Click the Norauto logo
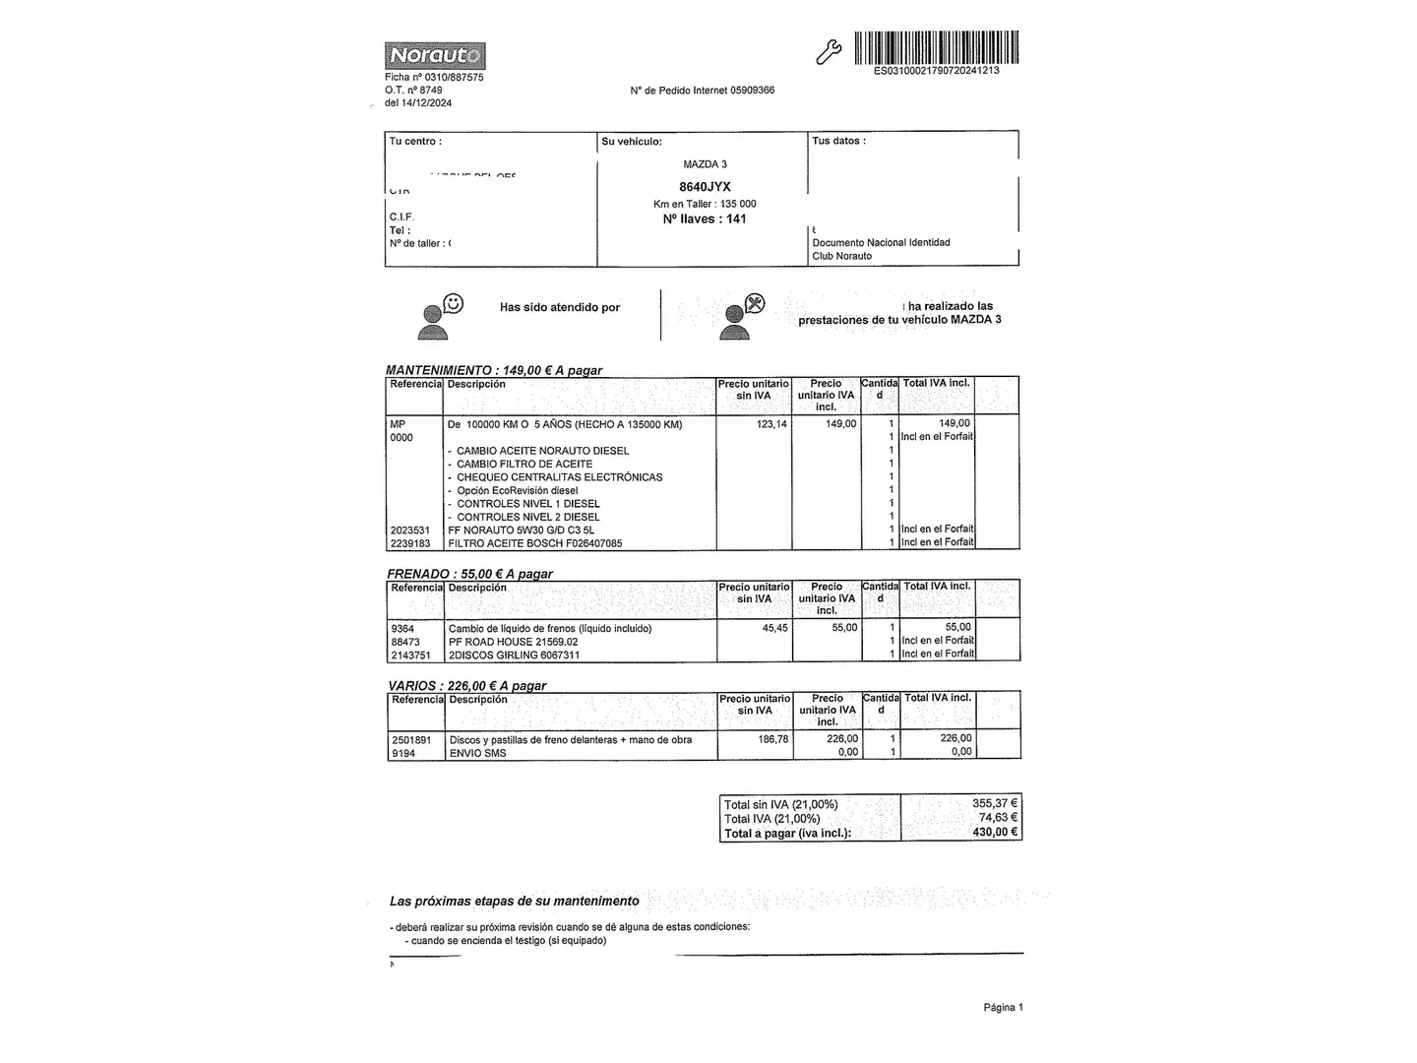click(434, 55)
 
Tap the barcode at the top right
click(936, 47)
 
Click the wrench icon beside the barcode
click(829, 52)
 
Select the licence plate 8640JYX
click(705, 187)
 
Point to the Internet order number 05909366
click(752, 91)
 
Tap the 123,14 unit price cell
click(771, 424)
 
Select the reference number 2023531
click(410, 531)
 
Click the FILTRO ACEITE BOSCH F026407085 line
click(534, 543)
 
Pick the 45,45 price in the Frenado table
click(774, 628)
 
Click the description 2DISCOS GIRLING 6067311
click(514, 655)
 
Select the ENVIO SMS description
click(477, 753)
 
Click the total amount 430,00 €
click(995, 833)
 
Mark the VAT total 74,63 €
click(998, 818)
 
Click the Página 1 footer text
click(1003, 1007)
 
